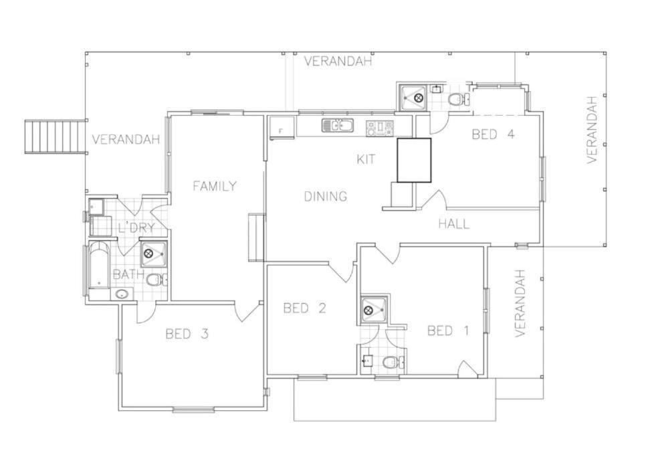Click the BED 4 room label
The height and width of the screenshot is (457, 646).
[493, 134]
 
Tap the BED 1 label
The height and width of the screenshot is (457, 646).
[448, 331]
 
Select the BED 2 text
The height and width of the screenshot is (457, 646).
[304, 308]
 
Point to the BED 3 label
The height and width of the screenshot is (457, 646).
[187, 333]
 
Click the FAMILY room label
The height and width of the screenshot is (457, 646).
[215, 186]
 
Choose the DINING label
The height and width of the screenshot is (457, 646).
[326, 197]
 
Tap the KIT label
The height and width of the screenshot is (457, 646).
[366, 159]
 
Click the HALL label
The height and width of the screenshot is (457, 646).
[453, 223]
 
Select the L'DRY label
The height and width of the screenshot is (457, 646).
[136, 227]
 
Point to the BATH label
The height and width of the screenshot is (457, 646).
[128, 274]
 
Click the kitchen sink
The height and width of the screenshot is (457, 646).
[338, 126]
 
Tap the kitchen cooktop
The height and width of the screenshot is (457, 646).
[380, 128]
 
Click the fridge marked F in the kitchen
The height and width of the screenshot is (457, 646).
[282, 127]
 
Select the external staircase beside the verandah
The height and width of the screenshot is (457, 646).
[55, 136]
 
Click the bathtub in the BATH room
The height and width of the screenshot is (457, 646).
[99, 266]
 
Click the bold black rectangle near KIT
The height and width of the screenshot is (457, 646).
[414, 161]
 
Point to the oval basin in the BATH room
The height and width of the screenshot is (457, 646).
[122, 294]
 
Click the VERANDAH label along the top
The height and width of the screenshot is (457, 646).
[338, 62]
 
